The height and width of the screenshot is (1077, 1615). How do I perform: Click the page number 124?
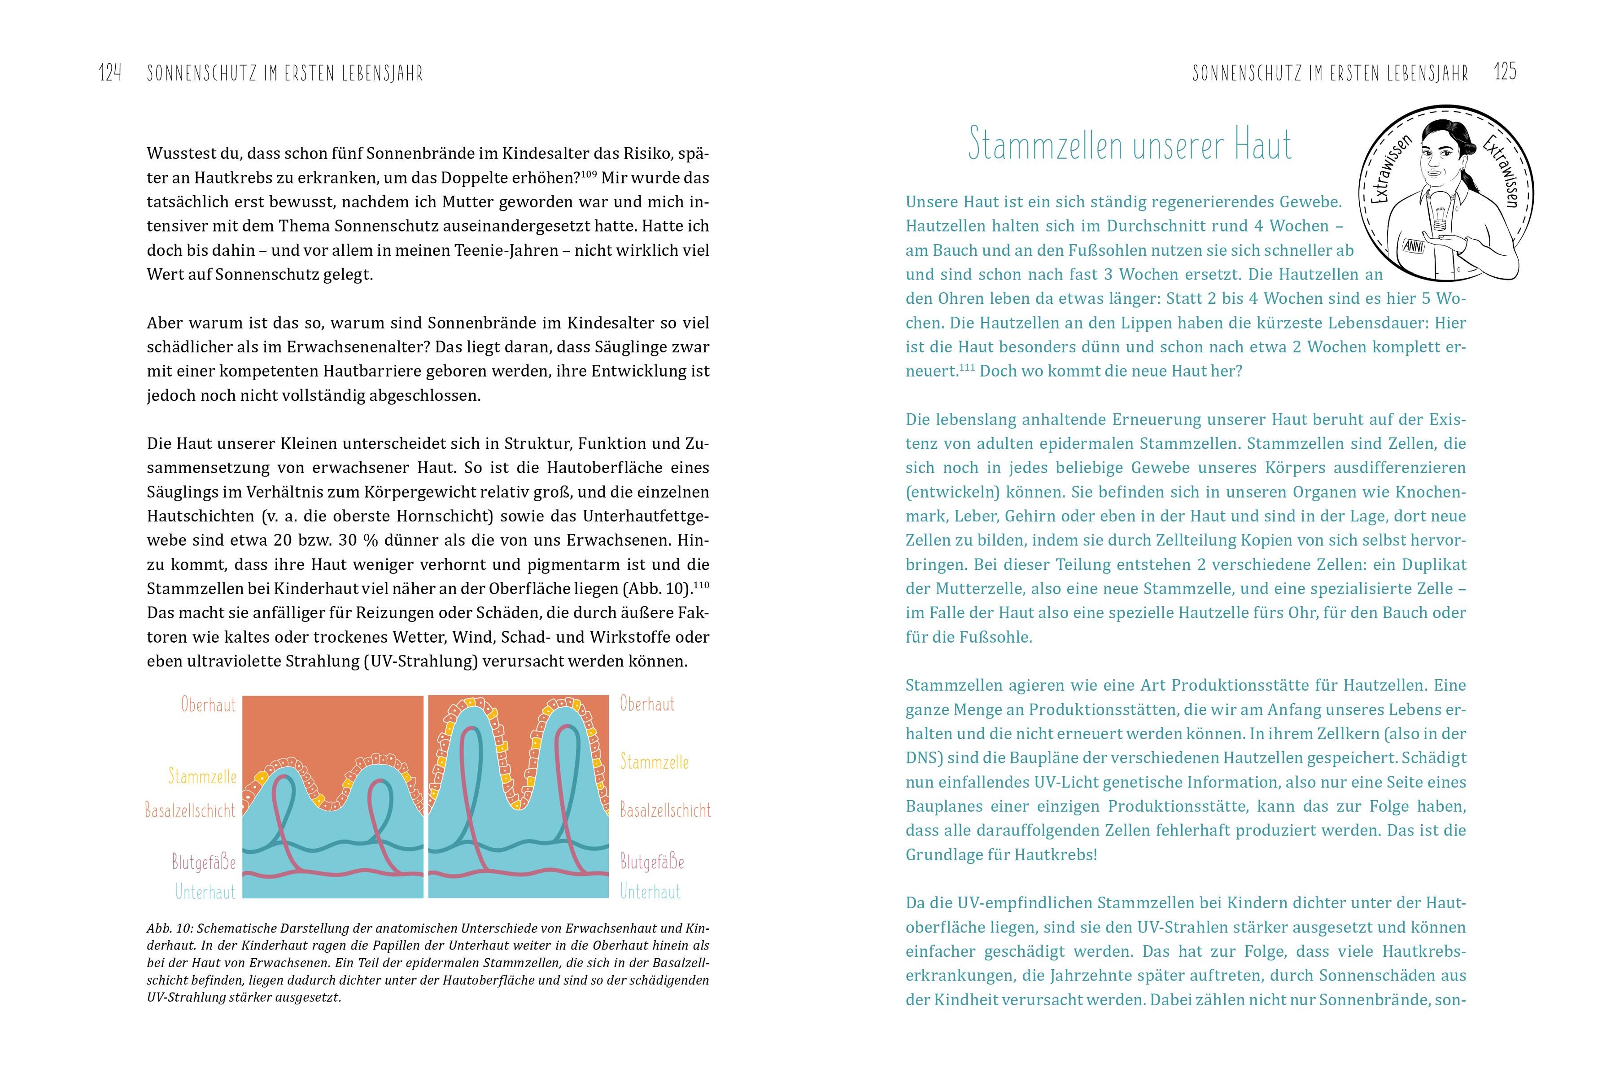pyautogui.click(x=110, y=73)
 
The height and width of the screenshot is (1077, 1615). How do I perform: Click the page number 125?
pyautogui.click(x=1505, y=71)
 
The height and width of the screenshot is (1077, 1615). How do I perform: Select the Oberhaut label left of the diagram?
pyautogui.click(x=208, y=705)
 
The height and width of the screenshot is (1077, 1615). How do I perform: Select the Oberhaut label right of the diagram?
pyautogui.click(x=647, y=704)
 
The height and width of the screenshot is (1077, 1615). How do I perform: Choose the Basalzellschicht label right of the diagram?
pyautogui.click(x=665, y=810)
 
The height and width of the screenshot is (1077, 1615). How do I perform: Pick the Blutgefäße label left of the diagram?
pyautogui.click(x=204, y=862)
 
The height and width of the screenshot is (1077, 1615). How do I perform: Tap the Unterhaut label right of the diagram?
pyautogui.click(x=650, y=892)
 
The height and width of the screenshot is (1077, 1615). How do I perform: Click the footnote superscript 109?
pyautogui.click(x=589, y=173)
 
